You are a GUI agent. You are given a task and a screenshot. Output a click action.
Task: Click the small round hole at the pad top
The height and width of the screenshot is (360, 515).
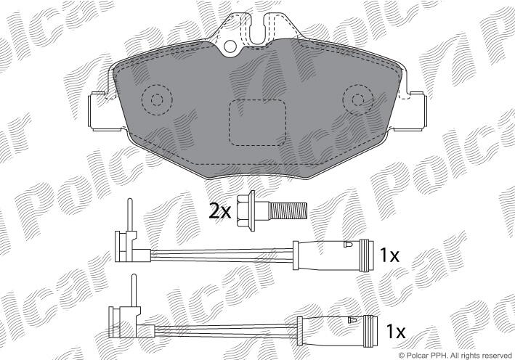point(230,46)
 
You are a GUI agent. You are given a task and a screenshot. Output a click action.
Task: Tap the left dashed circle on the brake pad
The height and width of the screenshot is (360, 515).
point(157,99)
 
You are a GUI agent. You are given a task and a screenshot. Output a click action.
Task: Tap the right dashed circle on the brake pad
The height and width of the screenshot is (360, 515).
point(358,99)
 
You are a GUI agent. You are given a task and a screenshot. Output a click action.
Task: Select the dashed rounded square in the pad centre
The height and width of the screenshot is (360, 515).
point(257,123)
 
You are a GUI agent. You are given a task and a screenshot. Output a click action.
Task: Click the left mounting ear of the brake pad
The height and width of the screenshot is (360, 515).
point(99,111)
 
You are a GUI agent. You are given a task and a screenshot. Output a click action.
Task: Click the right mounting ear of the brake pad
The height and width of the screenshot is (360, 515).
point(416,111)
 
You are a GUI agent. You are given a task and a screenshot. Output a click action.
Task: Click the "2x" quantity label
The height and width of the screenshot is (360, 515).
point(220,211)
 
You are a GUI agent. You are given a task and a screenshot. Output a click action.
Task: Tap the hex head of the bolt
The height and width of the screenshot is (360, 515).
point(246,210)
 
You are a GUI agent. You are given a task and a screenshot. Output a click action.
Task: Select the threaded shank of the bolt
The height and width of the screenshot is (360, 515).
point(288,210)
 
